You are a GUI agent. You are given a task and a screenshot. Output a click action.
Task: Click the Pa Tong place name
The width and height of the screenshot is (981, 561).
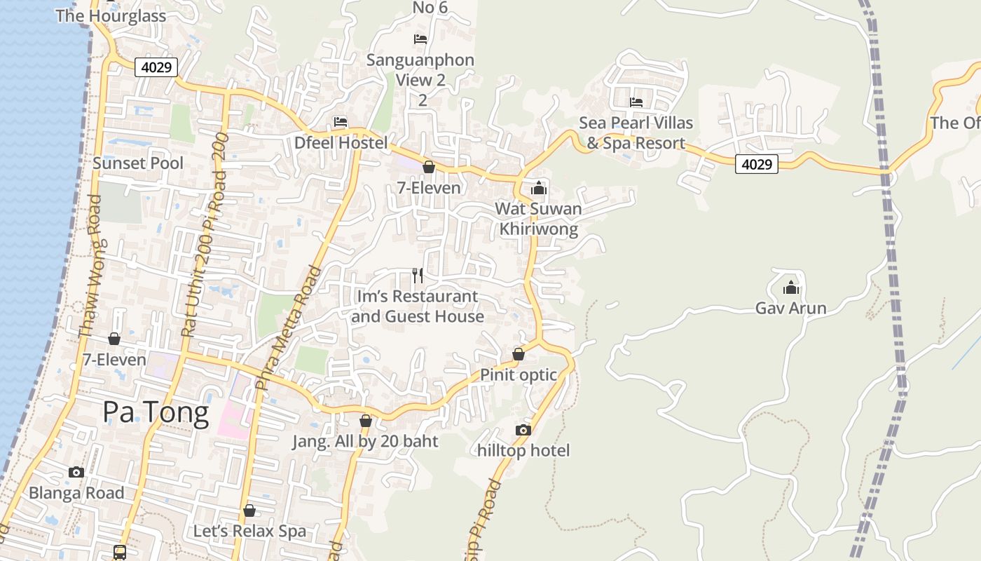(x=156, y=412)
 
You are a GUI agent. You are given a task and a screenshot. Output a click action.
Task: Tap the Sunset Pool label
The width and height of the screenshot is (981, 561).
(x=138, y=163)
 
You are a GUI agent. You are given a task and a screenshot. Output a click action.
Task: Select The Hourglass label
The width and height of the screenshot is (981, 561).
(x=111, y=16)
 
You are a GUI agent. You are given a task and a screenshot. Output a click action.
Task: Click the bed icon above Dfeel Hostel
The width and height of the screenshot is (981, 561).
(x=341, y=122)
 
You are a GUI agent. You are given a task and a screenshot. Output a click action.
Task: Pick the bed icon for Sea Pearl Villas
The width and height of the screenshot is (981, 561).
(x=636, y=102)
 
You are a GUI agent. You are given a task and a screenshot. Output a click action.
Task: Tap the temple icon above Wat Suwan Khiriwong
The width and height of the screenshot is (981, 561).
(x=538, y=188)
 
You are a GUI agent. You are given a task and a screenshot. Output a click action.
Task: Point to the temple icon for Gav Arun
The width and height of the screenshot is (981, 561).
(x=791, y=288)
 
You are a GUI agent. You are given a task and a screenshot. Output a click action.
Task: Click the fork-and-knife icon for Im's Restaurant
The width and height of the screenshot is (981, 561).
(x=418, y=276)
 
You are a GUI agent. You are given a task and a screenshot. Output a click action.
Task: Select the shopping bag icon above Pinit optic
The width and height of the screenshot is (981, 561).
(x=519, y=354)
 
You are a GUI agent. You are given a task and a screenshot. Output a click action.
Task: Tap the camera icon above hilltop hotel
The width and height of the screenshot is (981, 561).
(x=523, y=430)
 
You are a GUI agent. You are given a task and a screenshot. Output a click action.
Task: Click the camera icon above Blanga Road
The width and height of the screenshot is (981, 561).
(x=76, y=472)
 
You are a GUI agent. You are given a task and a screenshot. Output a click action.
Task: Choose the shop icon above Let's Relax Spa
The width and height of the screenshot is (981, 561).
(x=249, y=511)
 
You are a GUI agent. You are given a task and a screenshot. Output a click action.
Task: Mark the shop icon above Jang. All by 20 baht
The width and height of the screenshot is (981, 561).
(x=365, y=421)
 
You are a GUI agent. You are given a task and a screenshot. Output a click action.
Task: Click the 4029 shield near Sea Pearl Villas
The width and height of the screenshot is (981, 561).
(x=757, y=164)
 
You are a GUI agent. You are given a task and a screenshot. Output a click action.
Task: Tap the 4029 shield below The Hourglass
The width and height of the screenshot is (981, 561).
(x=156, y=67)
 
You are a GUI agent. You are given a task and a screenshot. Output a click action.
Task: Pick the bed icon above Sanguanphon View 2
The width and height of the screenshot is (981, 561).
(x=420, y=39)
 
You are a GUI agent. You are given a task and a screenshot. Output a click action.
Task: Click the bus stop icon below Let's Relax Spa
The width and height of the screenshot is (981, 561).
(x=120, y=552)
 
